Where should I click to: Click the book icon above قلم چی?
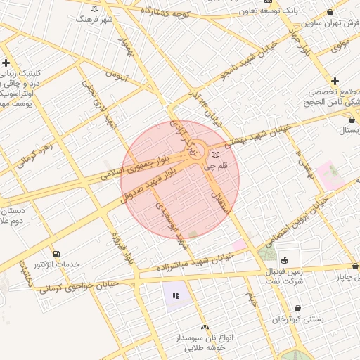point(215,154)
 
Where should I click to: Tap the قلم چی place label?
point(215,167)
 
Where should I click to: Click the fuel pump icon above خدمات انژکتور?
point(56,253)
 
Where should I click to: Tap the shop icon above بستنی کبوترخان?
point(298,308)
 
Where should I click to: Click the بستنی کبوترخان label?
point(298,319)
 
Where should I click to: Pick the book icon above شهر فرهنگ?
point(95,8)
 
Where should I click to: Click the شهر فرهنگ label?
point(95,20)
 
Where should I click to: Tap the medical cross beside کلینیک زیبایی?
point(6,63)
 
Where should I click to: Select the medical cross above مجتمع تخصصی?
point(335,82)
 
